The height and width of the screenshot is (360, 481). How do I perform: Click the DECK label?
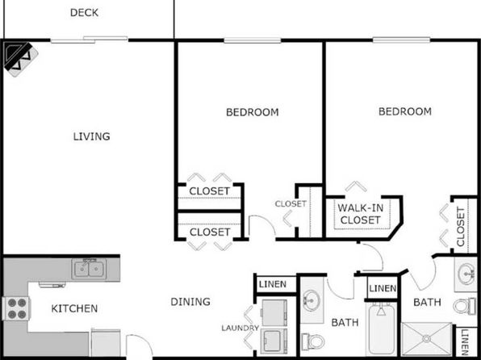click(x=85, y=12)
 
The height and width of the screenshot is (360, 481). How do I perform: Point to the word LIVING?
click(x=91, y=136)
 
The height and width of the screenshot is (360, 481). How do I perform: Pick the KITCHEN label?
click(x=75, y=308)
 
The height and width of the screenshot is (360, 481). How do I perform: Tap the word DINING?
click(x=190, y=302)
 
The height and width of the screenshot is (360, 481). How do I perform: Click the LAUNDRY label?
click(x=240, y=328)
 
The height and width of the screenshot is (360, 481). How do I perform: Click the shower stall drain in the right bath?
click(x=429, y=340)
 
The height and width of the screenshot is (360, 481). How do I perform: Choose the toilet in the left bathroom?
click(x=312, y=341)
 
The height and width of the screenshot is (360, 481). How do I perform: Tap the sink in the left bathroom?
click(x=312, y=301)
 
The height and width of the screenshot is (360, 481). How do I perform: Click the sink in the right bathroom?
click(x=466, y=275)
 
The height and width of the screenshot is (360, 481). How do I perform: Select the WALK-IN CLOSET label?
click(x=360, y=214)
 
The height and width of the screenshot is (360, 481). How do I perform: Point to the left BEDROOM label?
click(x=252, y=112)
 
